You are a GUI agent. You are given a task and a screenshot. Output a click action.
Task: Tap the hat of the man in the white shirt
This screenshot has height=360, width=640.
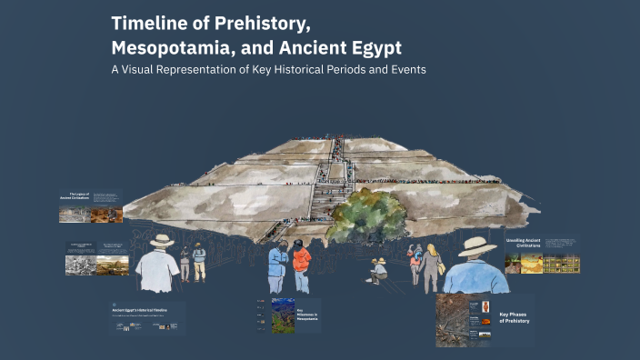pos(162,241)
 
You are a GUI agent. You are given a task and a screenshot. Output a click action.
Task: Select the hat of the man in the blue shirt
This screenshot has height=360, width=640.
pos(477,246)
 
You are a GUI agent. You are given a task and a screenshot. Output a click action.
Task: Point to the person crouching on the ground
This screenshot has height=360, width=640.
pos(378,270)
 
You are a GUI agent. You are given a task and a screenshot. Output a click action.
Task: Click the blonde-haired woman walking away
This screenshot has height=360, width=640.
pos(431,264)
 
